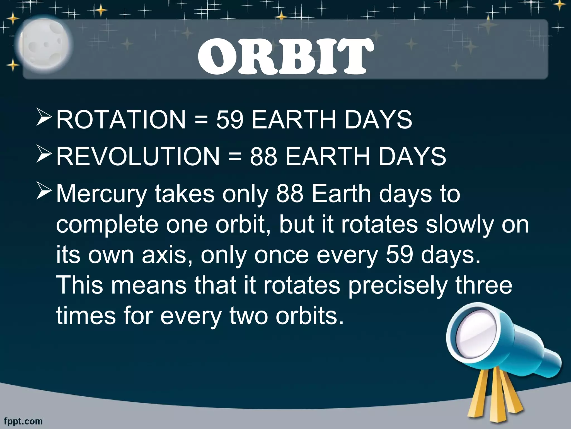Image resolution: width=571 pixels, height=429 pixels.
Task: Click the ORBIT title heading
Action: coord(285,56)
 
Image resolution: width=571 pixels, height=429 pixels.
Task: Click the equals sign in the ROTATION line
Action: coord(201,120)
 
